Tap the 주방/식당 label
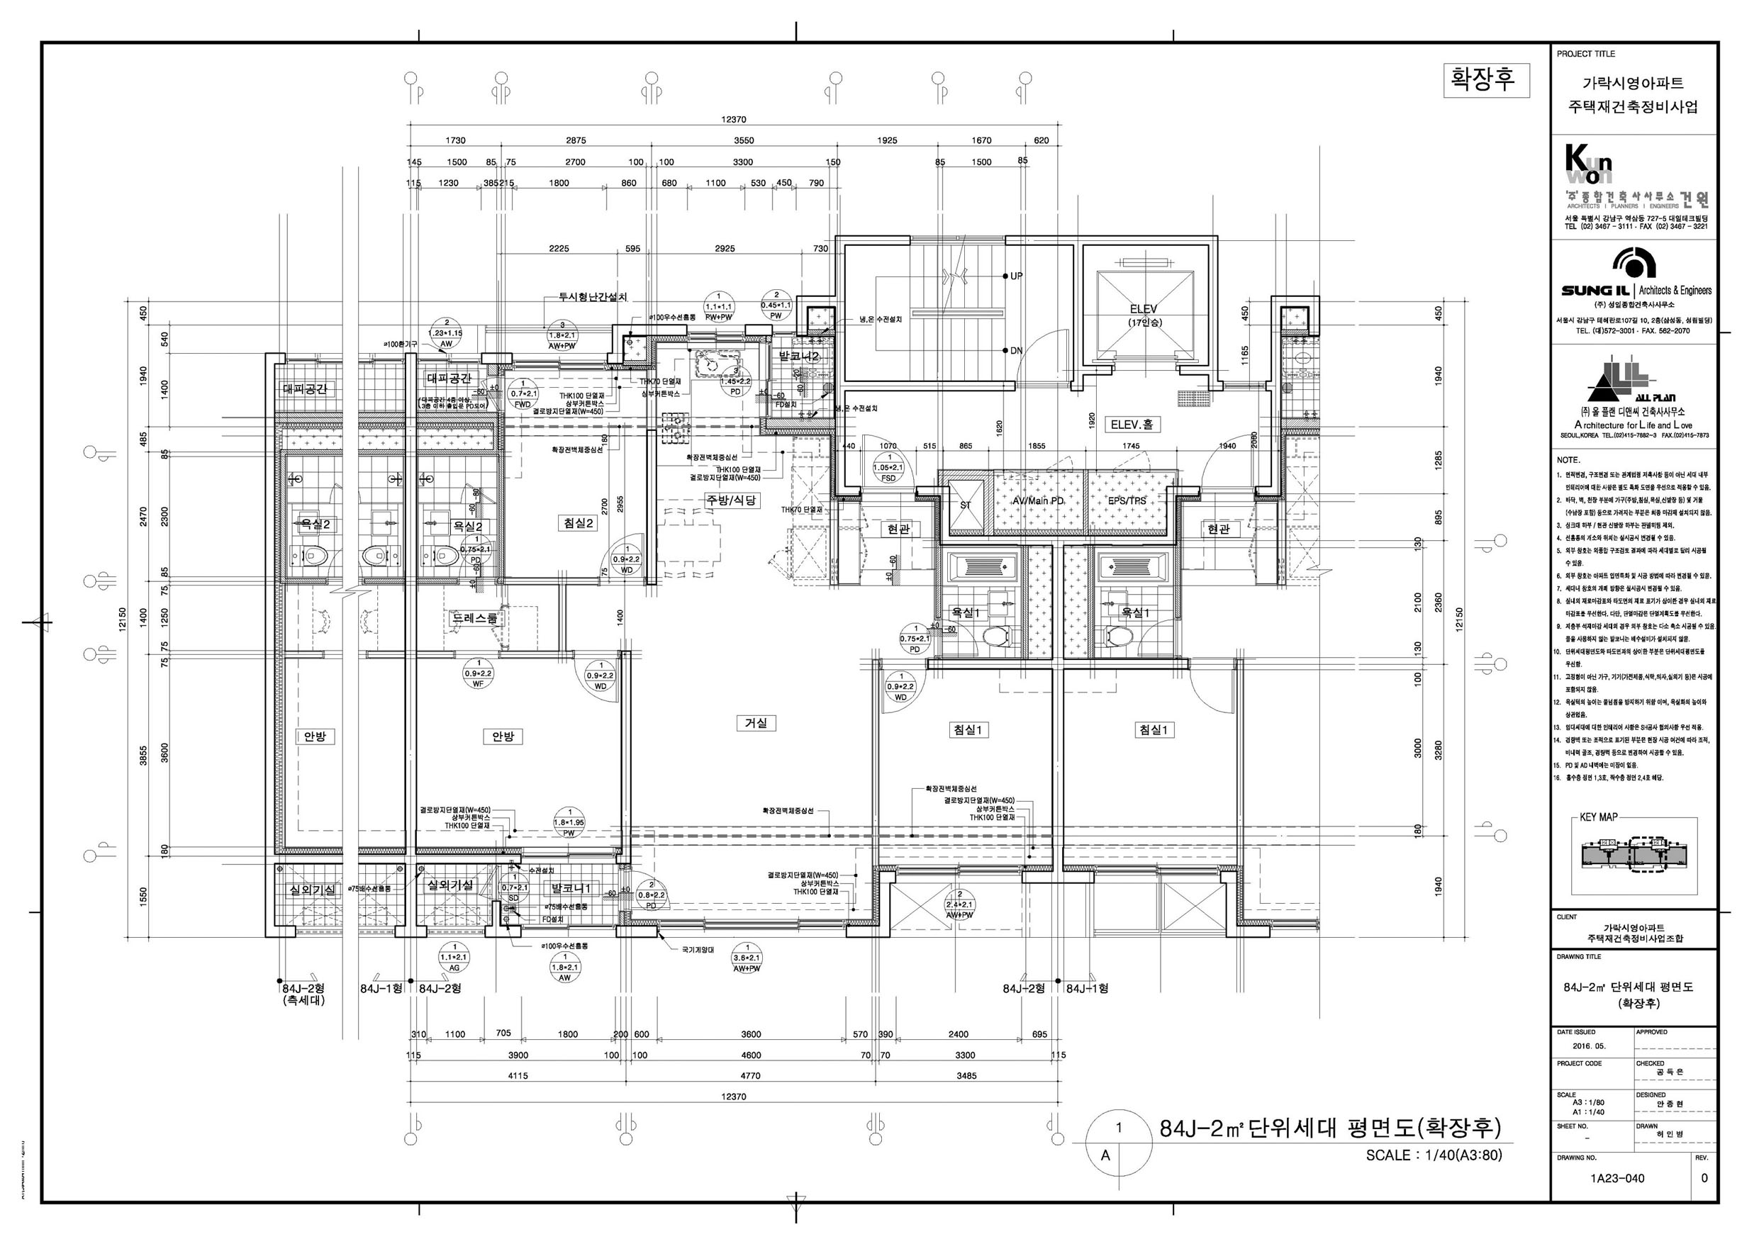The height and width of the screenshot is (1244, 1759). click(731, 500)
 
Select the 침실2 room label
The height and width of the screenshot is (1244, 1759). click(579, 523)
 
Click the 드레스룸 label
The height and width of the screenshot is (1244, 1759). click(475, 618)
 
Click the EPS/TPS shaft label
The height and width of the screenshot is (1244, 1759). click(1127, 501)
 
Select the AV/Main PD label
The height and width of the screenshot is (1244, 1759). click(1038, 501)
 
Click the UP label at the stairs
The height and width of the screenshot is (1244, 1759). click(1017, 276)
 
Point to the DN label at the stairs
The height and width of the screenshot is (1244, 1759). click(1017, 351)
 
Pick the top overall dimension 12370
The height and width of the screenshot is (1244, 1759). click(733, 120)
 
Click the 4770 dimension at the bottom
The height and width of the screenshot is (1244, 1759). click(750, 1075)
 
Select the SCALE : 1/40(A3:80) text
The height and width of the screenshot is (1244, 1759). click(1434, 1155)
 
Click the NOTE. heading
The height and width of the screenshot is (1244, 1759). click(1568, 460)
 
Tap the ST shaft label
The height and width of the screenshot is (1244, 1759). click(966, 505)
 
